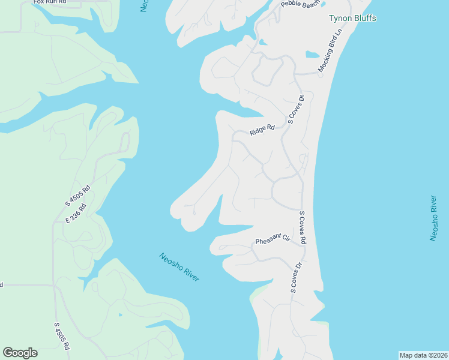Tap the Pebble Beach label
tap(301, 5)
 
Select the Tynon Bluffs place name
tap(352, 18)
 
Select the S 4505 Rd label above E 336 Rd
tap(79, 196)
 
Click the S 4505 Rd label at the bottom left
tap(62, 337)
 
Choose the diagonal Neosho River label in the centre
tap(179, 268)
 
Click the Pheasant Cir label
tap(273, 241)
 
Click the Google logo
tap(20, 352)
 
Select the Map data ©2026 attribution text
tap(423, 355)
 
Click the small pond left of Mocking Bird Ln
tap(312, 55)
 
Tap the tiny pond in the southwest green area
tap(121, 314)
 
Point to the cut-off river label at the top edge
tap(145, 5)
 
